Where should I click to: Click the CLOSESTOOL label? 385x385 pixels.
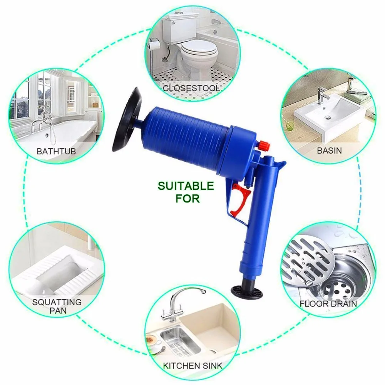click(191, 88)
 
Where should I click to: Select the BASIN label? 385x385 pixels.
click(329, 150)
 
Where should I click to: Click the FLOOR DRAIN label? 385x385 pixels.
click(328, 304)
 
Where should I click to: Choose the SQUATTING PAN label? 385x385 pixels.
click(57, 306)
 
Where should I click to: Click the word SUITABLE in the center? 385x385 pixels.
click(185, 187)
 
